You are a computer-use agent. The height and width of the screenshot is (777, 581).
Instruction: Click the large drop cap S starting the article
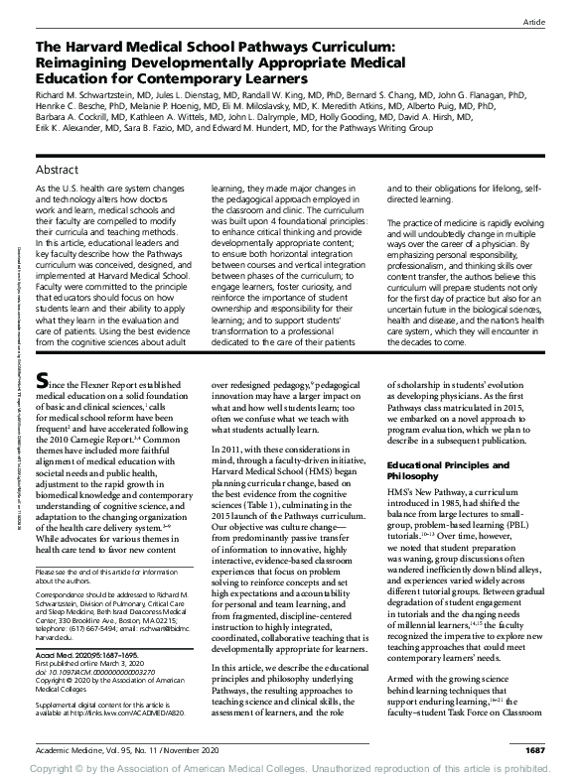click(x=42, y=408)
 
